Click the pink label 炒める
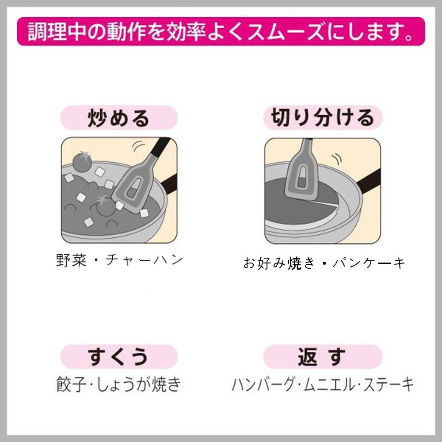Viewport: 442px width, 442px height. tap(118, 118)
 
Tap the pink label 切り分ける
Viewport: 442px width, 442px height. tap(323, 118)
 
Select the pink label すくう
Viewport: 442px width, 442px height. tap(118, 357)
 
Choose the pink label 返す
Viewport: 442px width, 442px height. tap(323, 357)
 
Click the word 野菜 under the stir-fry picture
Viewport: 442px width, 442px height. tap(71, 260)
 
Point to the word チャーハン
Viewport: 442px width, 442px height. tap(145, 260)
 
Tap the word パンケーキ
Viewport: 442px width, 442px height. tap(369, 263)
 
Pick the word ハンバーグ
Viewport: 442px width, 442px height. tap(263, 384)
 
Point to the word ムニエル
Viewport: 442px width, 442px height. tap(328, 384)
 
